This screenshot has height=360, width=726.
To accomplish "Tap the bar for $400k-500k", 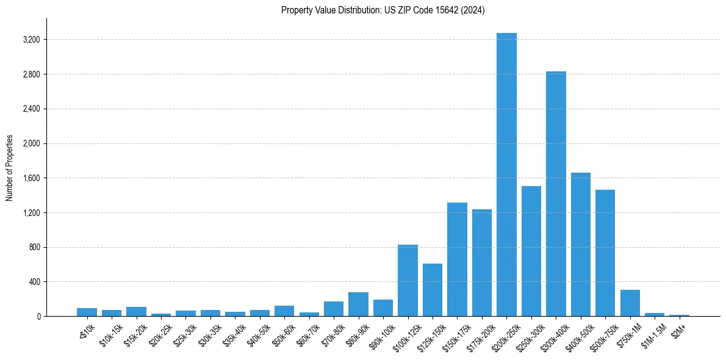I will coord(581,244).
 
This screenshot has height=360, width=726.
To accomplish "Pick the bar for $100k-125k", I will coord(408,281).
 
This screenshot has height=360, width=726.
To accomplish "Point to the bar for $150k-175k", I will coord(457,259).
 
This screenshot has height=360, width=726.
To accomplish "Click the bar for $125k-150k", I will coord(433,290).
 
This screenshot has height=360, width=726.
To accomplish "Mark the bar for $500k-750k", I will coord(605,253).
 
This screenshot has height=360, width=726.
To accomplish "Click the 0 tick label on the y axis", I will coord(38,317).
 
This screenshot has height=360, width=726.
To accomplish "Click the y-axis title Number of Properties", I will coord(10,167).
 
